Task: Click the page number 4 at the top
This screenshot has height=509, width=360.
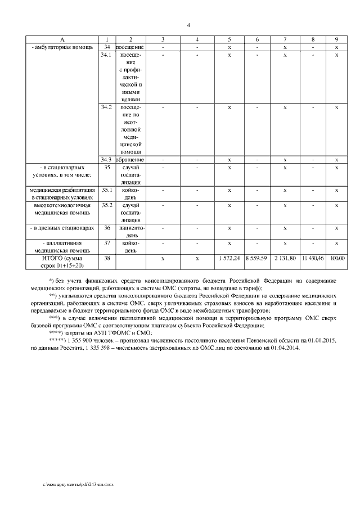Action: (x=188, y=25)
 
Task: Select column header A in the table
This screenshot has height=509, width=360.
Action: (x=62, y=39)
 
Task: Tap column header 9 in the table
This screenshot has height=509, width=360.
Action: (x=336, y=39)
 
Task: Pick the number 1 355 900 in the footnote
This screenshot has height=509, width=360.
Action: (x=82, y=341)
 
